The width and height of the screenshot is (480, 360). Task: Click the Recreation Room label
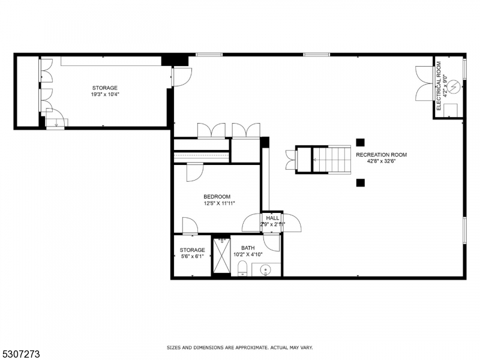[381, 155]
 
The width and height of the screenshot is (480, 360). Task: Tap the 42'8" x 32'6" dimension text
[382, 161]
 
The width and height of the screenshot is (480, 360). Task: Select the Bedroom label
[217, 197]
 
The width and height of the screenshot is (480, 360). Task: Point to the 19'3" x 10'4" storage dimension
[104, 95]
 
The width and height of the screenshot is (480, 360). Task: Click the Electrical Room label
[439, 86]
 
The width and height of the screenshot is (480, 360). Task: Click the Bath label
[248, 248]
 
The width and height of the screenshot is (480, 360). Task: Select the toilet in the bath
[242, 268]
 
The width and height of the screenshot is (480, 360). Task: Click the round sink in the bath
[265, 270]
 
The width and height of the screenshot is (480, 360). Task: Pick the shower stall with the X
[221, 255]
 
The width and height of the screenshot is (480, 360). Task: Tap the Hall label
[272, 218]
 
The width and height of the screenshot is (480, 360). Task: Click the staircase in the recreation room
[332, 160]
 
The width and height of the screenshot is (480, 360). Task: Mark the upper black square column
[361, 142]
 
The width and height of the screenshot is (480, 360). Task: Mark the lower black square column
[361, 183]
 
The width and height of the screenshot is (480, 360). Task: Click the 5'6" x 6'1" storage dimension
[192, 257]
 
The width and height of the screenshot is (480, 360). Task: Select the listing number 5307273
[20, 354]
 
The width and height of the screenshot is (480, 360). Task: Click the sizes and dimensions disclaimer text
[239, 347]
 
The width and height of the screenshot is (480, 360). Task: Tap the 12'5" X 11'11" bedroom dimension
[219, 203]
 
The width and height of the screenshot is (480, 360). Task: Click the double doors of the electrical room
[424, 83]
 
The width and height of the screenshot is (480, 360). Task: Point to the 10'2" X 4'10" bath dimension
[248, 254]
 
